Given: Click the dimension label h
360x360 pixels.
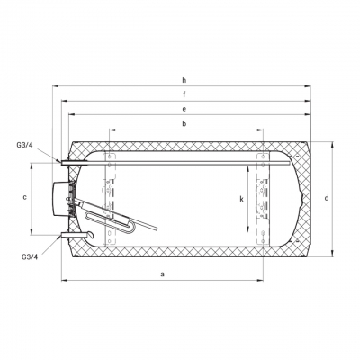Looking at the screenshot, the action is point(184,80).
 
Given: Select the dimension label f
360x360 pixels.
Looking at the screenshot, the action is point(184,94).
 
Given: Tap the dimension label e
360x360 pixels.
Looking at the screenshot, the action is point(184,109).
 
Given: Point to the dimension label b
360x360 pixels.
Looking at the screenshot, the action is point(184,123).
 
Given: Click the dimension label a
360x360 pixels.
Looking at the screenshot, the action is point(163,274).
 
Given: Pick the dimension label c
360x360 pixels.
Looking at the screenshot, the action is point(25,197).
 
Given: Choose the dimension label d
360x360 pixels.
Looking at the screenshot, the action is point(327,198).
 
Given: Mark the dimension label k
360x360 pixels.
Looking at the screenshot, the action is point(241,199).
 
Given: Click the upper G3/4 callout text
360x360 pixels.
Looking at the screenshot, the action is point(24,146).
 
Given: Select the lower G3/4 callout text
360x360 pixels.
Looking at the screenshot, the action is point(30,256).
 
